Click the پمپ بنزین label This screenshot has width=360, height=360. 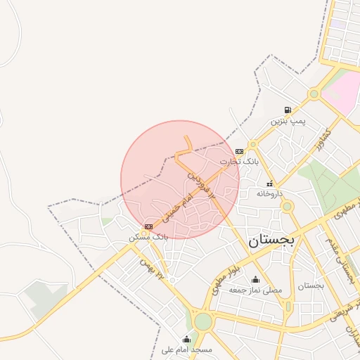click(x=289, y=122)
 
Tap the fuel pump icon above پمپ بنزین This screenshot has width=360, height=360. click(x=288, y=110)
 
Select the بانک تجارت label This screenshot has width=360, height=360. click(x=239, y=161)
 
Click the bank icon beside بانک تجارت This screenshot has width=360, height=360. click(x=240, y=150)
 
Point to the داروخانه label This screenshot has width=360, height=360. click(x=269, y=193)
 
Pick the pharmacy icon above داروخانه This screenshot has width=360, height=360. click(x=269, y=183)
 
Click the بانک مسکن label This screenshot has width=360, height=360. click(x=148, y=237)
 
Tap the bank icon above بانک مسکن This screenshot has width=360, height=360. click(x=148, y=226)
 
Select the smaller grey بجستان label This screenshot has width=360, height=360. click(x=310, y=286)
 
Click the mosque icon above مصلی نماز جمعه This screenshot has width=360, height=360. click(x=255, y=280)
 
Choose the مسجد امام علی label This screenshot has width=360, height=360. click(x=186, y=349)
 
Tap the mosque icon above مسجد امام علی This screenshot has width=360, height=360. click(x=186, y=339)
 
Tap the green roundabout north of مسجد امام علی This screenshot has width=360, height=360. click(x=203, y=321)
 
